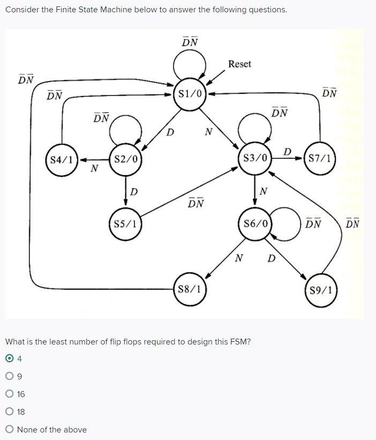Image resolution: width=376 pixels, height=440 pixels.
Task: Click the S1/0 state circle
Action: (190, 94)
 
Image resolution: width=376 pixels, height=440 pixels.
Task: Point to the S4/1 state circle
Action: (62, 159)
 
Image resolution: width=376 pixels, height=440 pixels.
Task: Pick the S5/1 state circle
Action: (125, 223)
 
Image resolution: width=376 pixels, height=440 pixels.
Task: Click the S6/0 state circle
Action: (255, 223)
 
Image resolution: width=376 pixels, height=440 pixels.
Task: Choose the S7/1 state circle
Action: (320, 159)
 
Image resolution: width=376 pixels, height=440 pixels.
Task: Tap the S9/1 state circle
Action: (320, 290)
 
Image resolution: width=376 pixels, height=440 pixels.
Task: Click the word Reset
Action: (239, 64)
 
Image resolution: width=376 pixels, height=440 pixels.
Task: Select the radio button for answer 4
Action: (9, 358)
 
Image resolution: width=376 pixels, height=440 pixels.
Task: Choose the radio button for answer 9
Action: (9, 376)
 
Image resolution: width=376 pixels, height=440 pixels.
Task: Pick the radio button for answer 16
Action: (9, 394)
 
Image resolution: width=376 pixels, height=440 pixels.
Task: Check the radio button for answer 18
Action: (9, 412)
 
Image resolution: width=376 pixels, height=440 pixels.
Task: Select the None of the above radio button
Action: (9, 429)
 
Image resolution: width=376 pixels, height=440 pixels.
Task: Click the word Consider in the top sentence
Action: (21, 10)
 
